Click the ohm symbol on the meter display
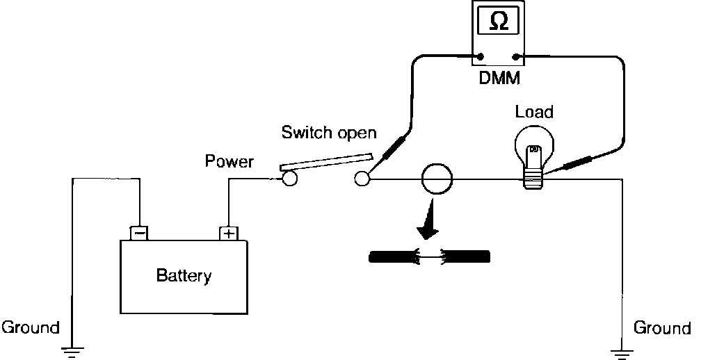[499, 23]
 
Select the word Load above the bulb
[534, 111]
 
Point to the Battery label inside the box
[184, 276]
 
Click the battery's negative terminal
[139, 233]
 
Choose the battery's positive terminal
[229, 233]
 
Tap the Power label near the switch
[229, 162]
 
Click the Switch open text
[329, 132]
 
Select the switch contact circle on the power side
[289, 179]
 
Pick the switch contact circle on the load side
[362, 179]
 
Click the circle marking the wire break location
[437, 179]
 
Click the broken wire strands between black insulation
[428, 256]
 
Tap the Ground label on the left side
[31, 327]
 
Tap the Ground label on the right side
[662, 327]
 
